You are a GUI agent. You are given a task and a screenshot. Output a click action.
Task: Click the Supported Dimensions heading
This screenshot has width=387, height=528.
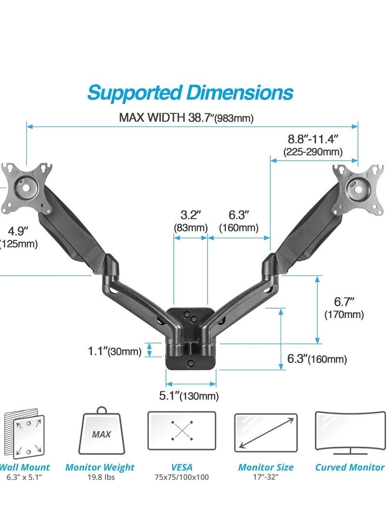[x=190, y=92]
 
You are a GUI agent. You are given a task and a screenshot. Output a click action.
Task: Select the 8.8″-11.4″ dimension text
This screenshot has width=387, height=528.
[x=313, y=139]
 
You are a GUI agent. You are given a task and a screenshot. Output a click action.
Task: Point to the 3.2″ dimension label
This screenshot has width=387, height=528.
[x=191, y=214]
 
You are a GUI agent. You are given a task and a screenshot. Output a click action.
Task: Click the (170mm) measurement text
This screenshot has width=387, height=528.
[x=343, y=315]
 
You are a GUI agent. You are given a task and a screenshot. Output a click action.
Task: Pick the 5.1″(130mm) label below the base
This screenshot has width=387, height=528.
[x=189, y=396]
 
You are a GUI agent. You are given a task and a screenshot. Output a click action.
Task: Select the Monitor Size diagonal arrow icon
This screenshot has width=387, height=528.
[x=266, y=433]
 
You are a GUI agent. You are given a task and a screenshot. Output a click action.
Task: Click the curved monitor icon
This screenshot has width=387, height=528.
[x=350, y=432]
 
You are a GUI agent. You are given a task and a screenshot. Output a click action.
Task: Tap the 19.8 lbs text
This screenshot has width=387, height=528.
[x=100, y=477]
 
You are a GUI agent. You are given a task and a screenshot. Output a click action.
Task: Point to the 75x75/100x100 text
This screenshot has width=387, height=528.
[x=181, y=477]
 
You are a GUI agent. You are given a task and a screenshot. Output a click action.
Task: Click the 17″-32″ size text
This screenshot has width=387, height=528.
[x=266, y=477]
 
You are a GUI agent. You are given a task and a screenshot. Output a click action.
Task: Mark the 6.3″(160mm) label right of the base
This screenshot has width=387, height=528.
[x=317, y=359]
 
